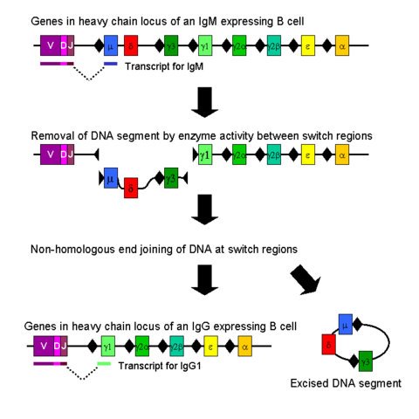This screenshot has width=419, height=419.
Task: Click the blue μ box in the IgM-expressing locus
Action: click(110, 45)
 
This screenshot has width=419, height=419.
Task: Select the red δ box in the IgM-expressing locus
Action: click(131, 45)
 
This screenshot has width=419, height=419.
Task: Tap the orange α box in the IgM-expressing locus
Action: click(342, 45)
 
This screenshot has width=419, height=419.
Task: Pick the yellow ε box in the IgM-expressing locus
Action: click(308, 45)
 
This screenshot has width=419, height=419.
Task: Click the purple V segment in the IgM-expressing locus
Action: click(50, 45)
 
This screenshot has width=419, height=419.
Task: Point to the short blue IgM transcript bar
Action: click(110, 63)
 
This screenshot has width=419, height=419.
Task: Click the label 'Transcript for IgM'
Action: click(161, 66)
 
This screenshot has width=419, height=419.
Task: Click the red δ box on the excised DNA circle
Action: click(329, 342)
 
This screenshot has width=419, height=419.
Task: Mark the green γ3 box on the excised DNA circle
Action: click(366, 359)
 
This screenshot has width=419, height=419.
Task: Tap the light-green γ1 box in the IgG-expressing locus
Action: click(107, 347)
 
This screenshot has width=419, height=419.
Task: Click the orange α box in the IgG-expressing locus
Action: click(244, 347)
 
